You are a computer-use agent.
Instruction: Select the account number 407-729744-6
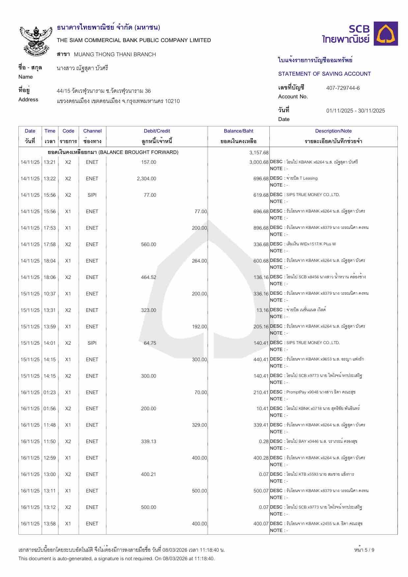click(x=343, y=88)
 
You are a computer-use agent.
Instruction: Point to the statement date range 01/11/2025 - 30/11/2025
click(x=355, y=111)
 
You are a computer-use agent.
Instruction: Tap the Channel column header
click(x=92, y=131)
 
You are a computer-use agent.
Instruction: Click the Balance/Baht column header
click(x=238, y=131)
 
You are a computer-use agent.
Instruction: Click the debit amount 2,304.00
click(x=147, y=179)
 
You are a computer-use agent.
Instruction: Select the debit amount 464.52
click(x=149, y=277)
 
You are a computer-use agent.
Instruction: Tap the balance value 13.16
click(x=262, y=310)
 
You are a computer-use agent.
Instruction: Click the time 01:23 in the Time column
click(x=50, y=392)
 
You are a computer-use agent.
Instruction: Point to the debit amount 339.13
click(x=149, y=441)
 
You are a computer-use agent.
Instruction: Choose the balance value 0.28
click(x=264, y=441)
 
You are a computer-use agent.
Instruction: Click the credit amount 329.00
click(x=199, y=425)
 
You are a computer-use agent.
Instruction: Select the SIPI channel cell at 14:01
click(x=92, y=343)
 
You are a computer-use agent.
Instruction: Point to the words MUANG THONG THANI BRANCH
click(x=115, y=54)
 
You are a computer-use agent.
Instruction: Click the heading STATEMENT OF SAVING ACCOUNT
click(x=324, y=74)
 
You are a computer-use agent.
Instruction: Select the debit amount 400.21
click(x=149, y=474)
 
